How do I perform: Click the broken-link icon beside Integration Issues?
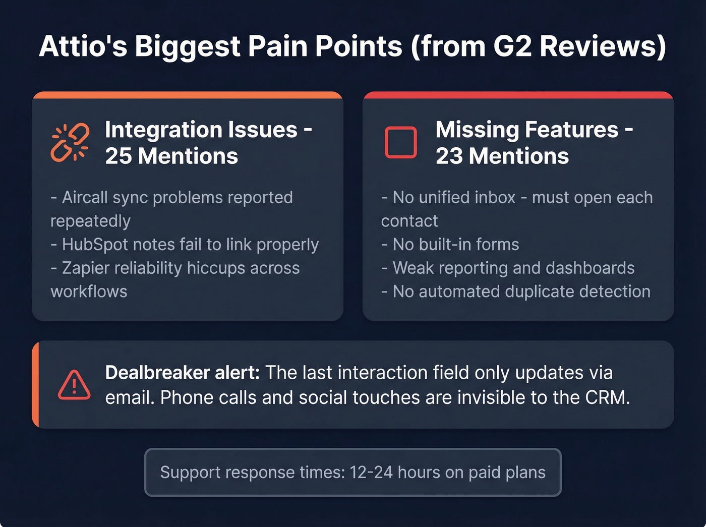pyautogui.click(x=70, y=143)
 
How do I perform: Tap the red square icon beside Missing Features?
pyautogui.click(x=401, y=143)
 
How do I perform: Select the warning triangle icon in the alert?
pyautogui.click(x=74, y=385)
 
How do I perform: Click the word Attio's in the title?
pyautogui.click(x=83, y=46)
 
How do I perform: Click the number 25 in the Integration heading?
pyautogui.click(x=118, y=156)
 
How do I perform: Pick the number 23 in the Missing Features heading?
pyautogui.click(x=449, y=156)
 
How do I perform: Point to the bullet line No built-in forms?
pyautogui.click(x=450, y=245)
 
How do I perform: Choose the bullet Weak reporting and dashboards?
pyautogui.click(x=508, y=268)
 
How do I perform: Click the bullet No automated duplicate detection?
pyautogui.click(x=516, y=291)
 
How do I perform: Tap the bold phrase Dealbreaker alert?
pyautogui.click(x=182, y=373)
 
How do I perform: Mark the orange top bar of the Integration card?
pyautogui.click(x=188, y=95)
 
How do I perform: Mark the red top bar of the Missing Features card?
pyautogui.click(x=518, y=95)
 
